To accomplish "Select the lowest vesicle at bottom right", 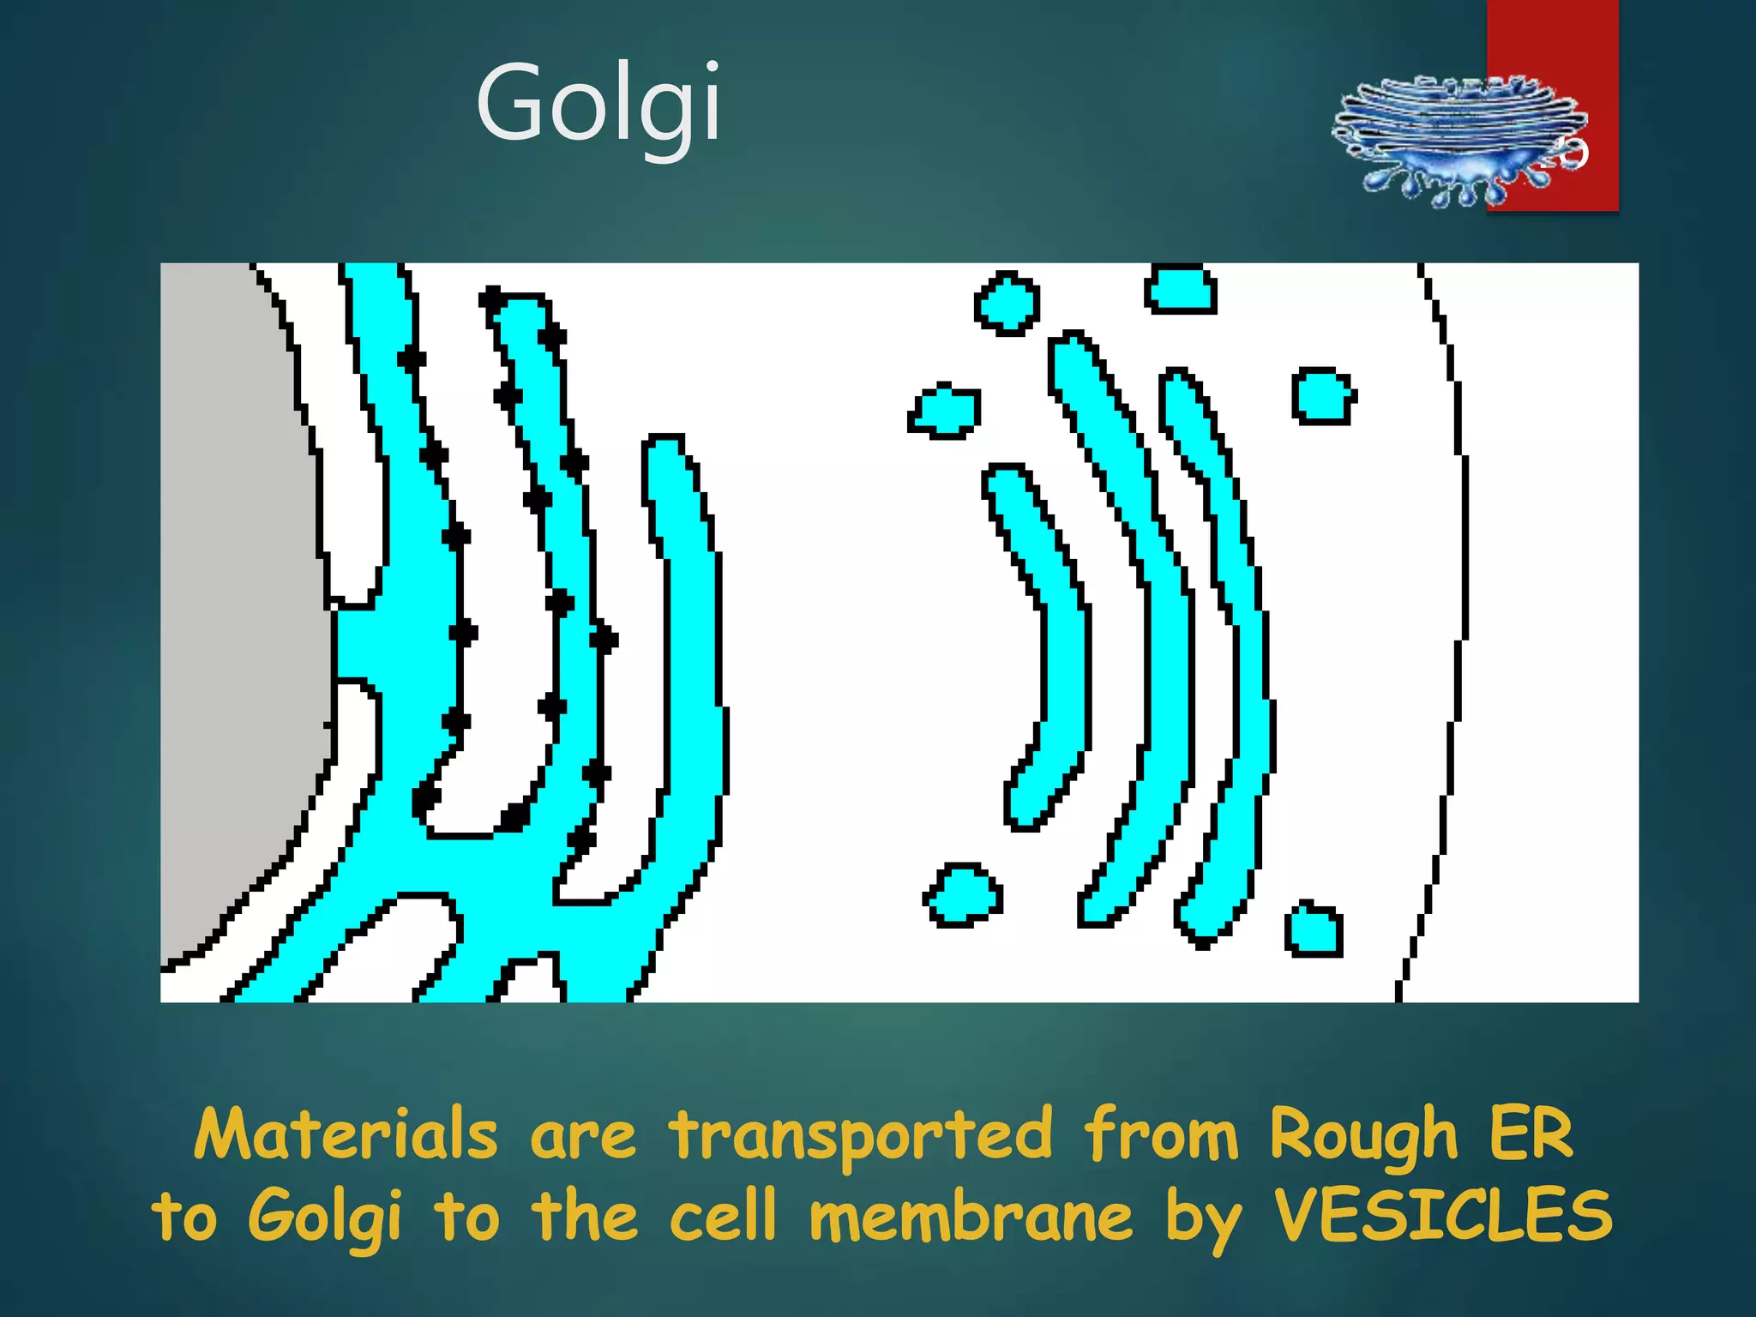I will click(1314, 930).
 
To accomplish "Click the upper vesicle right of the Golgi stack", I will click(1322, 396).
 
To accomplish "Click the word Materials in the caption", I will click(346, 1134).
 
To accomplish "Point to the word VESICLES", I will click(1442, 1216).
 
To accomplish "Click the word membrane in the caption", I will click(971, 1216).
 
